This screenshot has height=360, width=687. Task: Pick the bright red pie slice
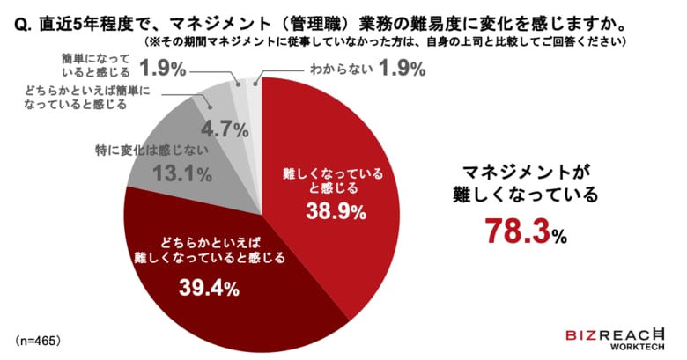point(335,176)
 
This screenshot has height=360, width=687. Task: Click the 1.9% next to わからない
point(403,69)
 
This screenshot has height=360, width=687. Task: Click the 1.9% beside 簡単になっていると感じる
point(166,68)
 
